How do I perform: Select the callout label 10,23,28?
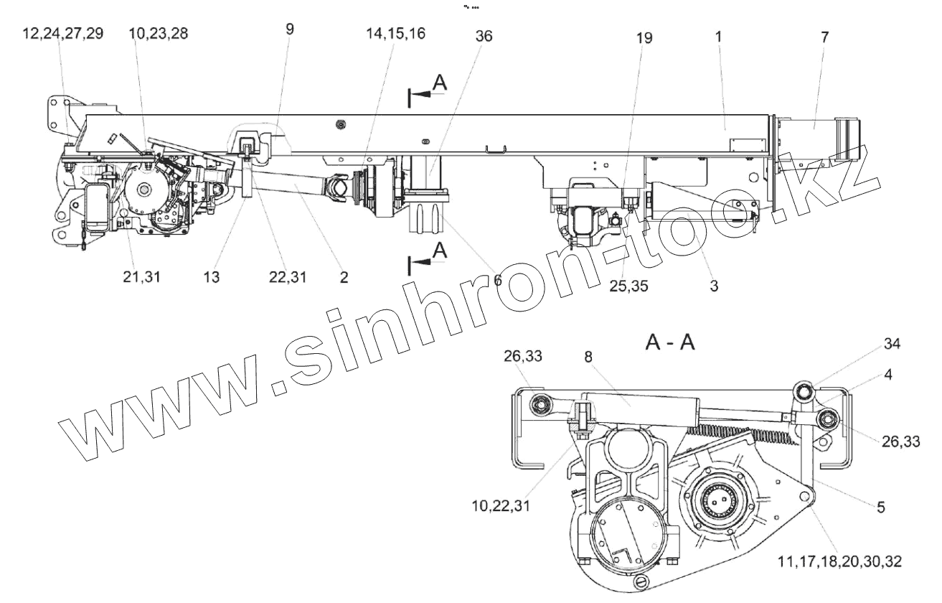(x=159, y=34)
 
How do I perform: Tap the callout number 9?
(x=290, y=29)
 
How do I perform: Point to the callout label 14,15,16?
(x=395, y=34)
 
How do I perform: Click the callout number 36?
(x=484, y=37)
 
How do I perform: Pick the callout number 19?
(x=644, y=38)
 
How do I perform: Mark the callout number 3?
(x=714, y=285)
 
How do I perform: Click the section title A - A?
(x=670, y=342)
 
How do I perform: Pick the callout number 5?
(x=880, y=505)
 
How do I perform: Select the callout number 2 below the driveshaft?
(x=344, y=278)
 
